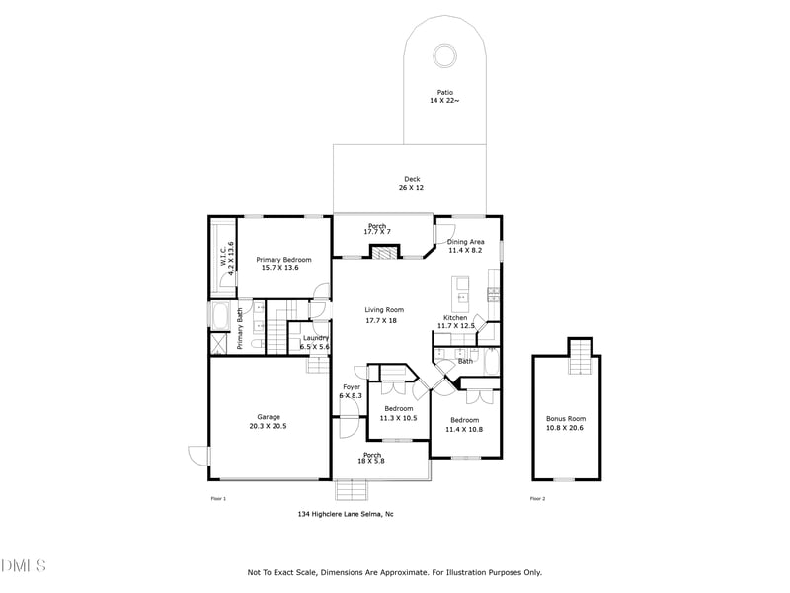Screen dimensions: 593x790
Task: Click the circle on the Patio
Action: click(x=445, y=55)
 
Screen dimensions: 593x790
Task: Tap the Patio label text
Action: click(x=445, y=96)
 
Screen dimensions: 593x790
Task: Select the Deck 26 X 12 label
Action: click(x=412, y=184)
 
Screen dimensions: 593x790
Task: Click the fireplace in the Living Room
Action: click(x=384, y=253)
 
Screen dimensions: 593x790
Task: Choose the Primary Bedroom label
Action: click(x=279, y=263)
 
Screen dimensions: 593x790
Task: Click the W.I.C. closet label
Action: click(x=226, y=257)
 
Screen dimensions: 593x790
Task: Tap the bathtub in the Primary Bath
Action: click(x=221, y=316)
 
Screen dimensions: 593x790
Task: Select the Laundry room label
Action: click(x=316, y=342)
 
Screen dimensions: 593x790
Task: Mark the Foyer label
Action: click(x=351, y=391)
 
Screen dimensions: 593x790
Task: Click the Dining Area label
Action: click(x=465, y=246)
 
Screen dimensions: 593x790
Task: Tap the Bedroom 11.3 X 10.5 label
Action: click(x=398, y=413)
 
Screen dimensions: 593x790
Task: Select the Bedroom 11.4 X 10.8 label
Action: click(x=463, y=424)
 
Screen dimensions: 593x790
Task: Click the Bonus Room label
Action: click(x=566, y=423)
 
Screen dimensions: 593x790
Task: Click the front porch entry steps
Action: click(x=351, y=491)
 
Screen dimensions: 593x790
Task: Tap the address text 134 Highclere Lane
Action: click(x=346, y=514)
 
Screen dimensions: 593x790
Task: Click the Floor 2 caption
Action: click(x=537, y=499)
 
